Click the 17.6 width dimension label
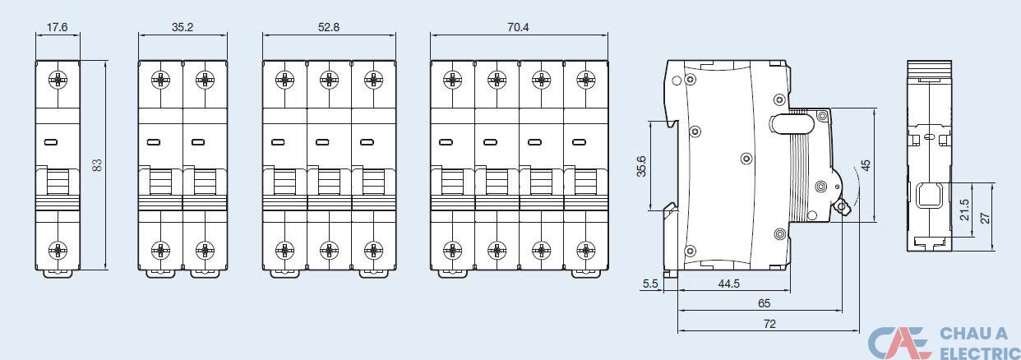pos(57,27)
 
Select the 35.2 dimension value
pos(182,27)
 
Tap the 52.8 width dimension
pos(329,27)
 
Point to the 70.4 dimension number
pos(518,27)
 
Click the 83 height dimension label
pos(97,165)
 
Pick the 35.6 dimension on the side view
pos(641,166)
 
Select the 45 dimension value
pos(866,165)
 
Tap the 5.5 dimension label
pos(650,284)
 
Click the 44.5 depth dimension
pos(729,284)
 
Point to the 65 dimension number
pos(764,303)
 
